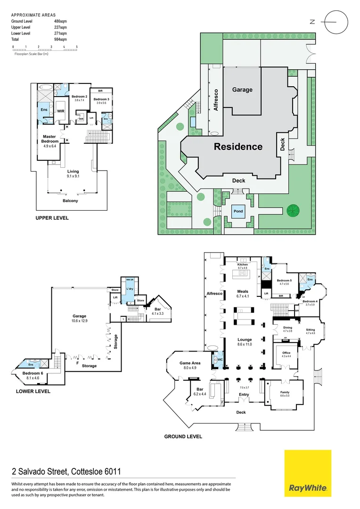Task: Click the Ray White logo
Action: point(308,473)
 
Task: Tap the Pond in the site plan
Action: point(238,211)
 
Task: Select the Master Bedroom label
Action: point(49,139)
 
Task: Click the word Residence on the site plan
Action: point(238,147)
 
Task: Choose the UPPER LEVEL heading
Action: point(52,218)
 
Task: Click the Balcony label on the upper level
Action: point(70,201)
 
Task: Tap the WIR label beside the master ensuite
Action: point(60,111)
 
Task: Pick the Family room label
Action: point(285,393)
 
